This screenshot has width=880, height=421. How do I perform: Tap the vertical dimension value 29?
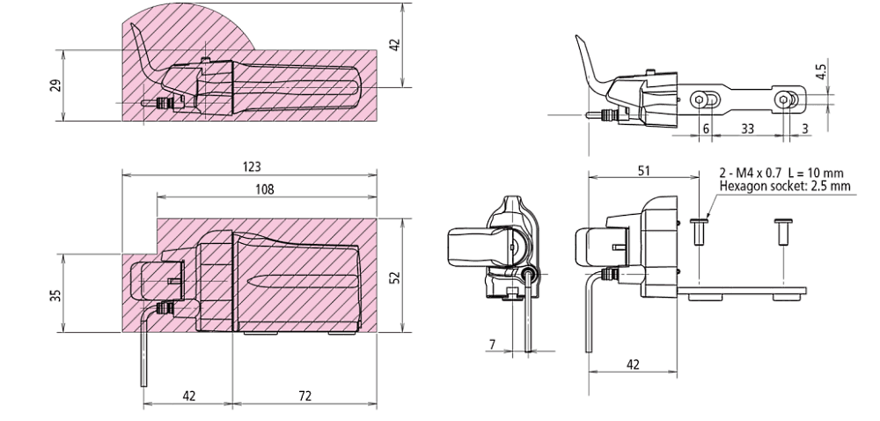(56, 86)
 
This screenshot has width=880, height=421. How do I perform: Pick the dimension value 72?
(304, 396)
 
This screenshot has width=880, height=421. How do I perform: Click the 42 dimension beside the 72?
(188, 396)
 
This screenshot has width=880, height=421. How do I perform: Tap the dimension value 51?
(645, 170)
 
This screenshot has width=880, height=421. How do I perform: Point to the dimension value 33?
(747, 128)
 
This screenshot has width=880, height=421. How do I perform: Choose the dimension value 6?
(706, 128)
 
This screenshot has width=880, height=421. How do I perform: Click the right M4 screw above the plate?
(781, 233)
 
